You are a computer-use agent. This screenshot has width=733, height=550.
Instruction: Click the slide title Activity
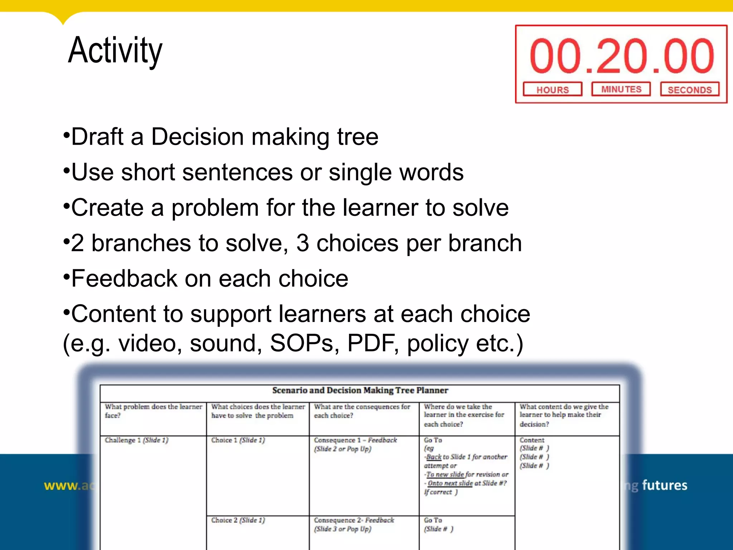(x=115, y=50)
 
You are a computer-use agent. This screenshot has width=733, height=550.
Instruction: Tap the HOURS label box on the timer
(x=552, y=90)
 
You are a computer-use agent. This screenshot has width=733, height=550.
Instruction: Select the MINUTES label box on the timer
(x=621, y=89)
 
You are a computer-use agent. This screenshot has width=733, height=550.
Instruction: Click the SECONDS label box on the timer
(x=689, y=90)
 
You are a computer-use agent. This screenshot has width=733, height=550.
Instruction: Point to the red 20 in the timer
(x=622, y=56)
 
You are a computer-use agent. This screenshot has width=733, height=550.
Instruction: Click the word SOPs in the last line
(x=301, y=343)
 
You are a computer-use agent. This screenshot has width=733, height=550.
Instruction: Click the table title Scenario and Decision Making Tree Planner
(x=360, y=390)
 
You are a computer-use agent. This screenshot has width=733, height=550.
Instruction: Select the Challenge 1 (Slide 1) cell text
(x=136, y=440)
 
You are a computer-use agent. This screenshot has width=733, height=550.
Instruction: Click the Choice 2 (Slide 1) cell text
(x=238, y=520)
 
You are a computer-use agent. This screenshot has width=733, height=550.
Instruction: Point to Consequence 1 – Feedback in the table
(x=355, y=440)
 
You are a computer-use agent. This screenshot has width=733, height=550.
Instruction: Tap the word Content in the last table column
(x=532, y=440)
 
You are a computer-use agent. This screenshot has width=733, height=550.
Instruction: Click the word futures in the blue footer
(x=665, y=485)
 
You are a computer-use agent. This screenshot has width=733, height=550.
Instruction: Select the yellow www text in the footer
(x=61, y=486)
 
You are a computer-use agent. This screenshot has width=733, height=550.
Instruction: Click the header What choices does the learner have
(x=258, y=411)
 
